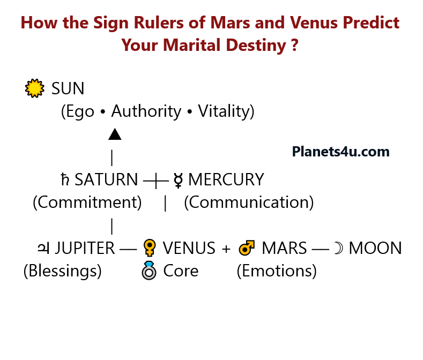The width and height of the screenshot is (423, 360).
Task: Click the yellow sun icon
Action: point(35,88)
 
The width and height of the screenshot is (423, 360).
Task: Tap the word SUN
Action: point(68,88)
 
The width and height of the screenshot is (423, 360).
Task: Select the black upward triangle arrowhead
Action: point(115,134)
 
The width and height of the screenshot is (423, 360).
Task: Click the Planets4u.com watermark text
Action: point(340,152)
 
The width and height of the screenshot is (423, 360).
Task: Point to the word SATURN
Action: point(106,180)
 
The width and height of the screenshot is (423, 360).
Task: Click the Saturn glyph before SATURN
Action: point(65,180)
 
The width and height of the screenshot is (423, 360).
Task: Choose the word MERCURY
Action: point(226,180)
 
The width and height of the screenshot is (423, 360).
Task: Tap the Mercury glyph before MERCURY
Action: point(179,181)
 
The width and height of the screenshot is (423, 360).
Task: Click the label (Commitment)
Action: point(87,202)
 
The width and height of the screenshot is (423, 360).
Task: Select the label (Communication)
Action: point(249,202)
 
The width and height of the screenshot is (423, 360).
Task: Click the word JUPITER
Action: point(85,249)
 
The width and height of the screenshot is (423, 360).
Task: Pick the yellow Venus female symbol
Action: point(149,248)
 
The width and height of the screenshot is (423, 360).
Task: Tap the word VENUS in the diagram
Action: point(189,249)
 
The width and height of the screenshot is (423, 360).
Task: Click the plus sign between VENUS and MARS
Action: point(226,249)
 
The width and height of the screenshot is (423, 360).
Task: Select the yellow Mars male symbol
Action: point(247,248)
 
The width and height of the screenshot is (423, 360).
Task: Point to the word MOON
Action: point(375,249)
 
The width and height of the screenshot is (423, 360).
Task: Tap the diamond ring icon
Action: point(149,271)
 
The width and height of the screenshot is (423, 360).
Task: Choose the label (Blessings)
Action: point(62,271)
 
